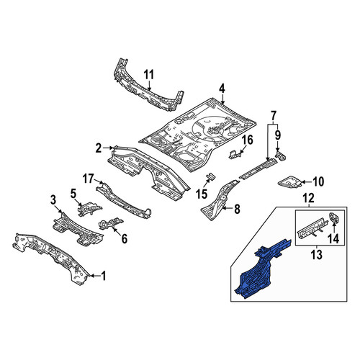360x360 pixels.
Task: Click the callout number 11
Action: [148, 74]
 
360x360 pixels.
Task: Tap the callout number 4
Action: [222, 89]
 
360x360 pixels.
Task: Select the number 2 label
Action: [99, 148]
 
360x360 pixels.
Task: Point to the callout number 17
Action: [88, 179]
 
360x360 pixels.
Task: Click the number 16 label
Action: [248, 140]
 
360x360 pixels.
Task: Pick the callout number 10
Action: [318, 181]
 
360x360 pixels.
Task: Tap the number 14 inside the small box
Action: [334, 238]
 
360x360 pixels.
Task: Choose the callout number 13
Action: [317, 254]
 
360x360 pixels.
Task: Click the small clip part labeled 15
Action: [211, 176]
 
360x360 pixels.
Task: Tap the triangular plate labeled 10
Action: [289, 181]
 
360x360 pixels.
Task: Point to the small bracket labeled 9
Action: [281, 156]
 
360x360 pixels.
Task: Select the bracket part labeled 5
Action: [89, 208]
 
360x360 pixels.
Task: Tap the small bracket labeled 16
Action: [234, 154]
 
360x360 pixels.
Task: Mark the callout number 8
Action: [237, 210]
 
